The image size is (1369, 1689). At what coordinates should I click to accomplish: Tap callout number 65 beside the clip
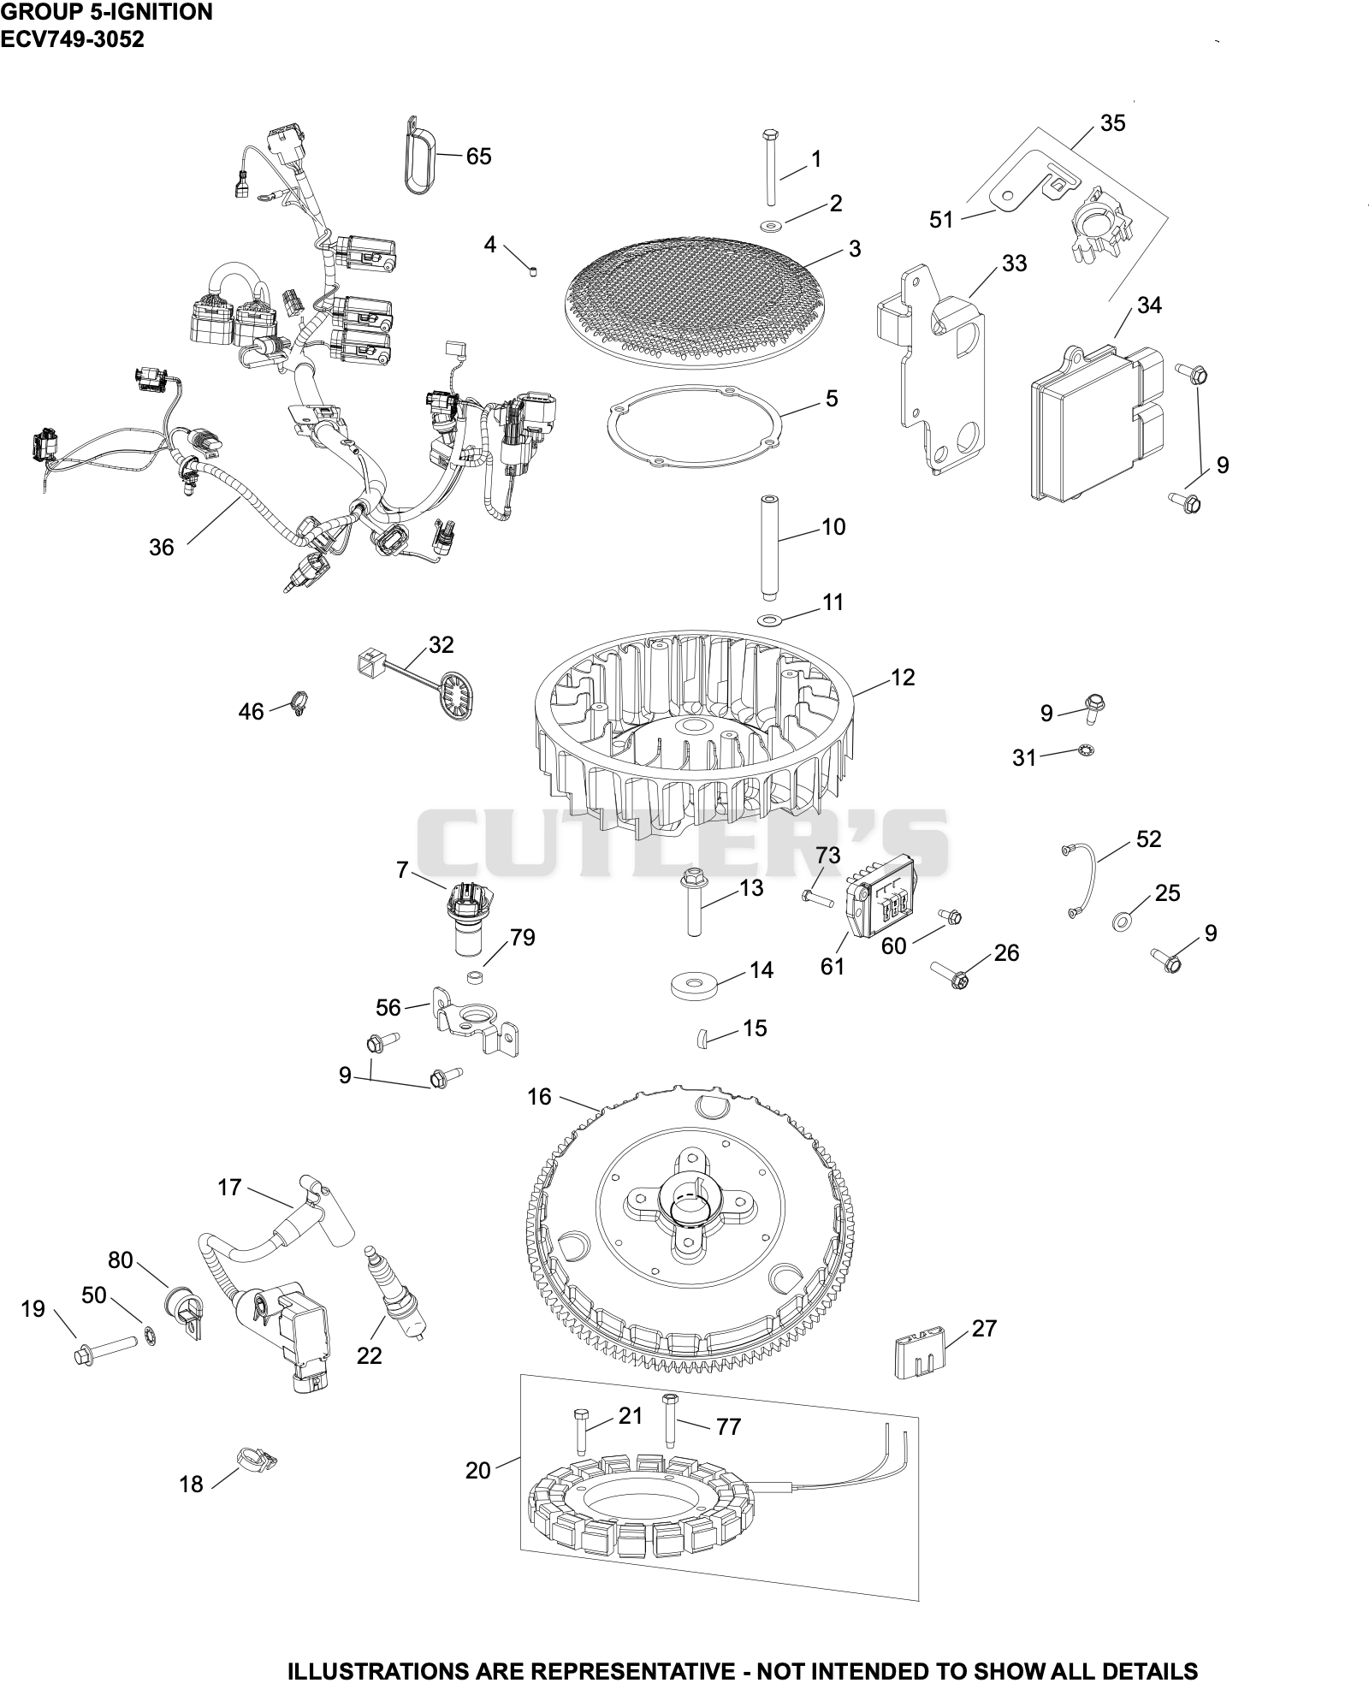(x=478, y=157)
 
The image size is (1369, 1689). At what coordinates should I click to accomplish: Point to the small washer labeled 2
(x=773, y=227)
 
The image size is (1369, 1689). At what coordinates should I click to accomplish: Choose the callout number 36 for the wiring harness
(x=161, y=548)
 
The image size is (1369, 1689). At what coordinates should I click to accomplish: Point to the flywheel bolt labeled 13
(x=693, y=904)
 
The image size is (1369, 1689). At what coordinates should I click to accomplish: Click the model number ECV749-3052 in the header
(x=72, y=39)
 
